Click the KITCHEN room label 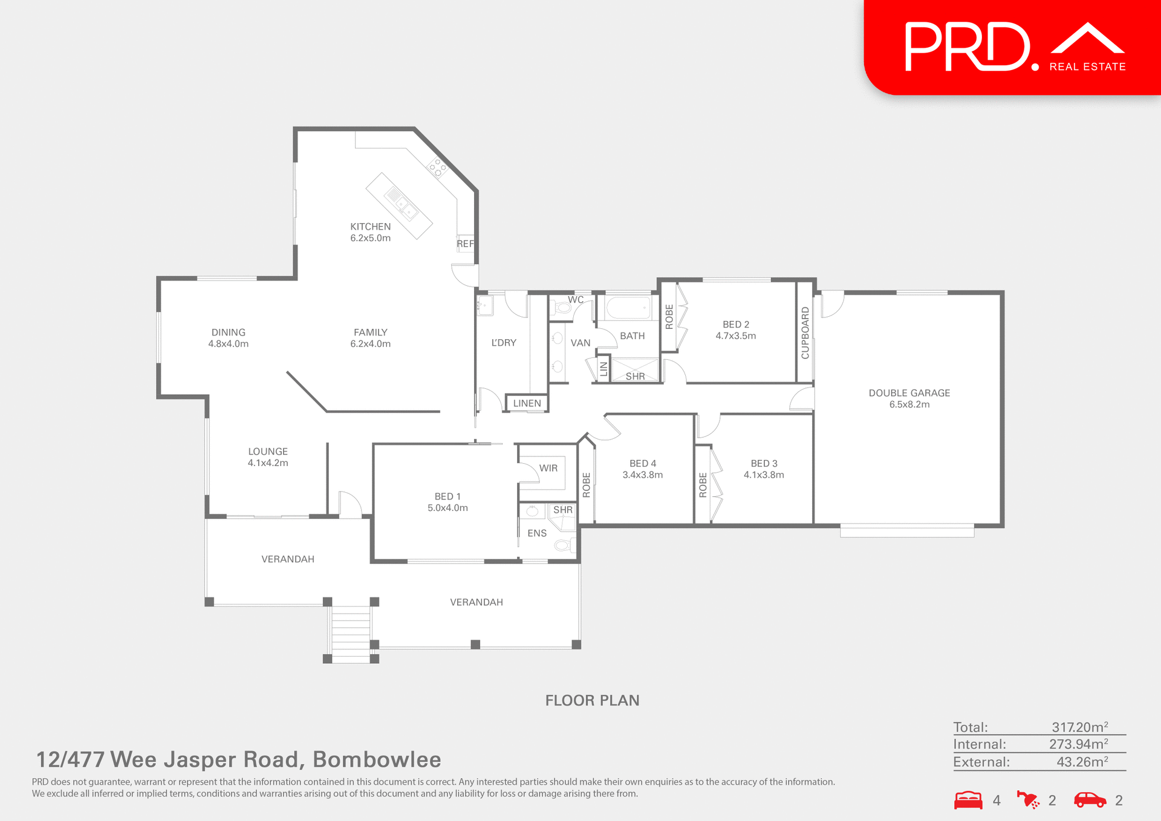tap(370, 227)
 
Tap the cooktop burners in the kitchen tap(437, 167)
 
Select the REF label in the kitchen tap(465, 244)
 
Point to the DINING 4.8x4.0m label tap(228, 338)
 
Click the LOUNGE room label tap(267, 452)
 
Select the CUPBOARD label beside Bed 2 tap(805, 333)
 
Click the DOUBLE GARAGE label tap(909, 393)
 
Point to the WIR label tap(548, 468)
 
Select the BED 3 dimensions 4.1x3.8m tap(764, 475)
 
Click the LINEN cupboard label tap(527, 403)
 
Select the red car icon tap(1090, 800)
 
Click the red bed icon tap(968, 800)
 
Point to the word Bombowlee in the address tap(377, 759)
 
